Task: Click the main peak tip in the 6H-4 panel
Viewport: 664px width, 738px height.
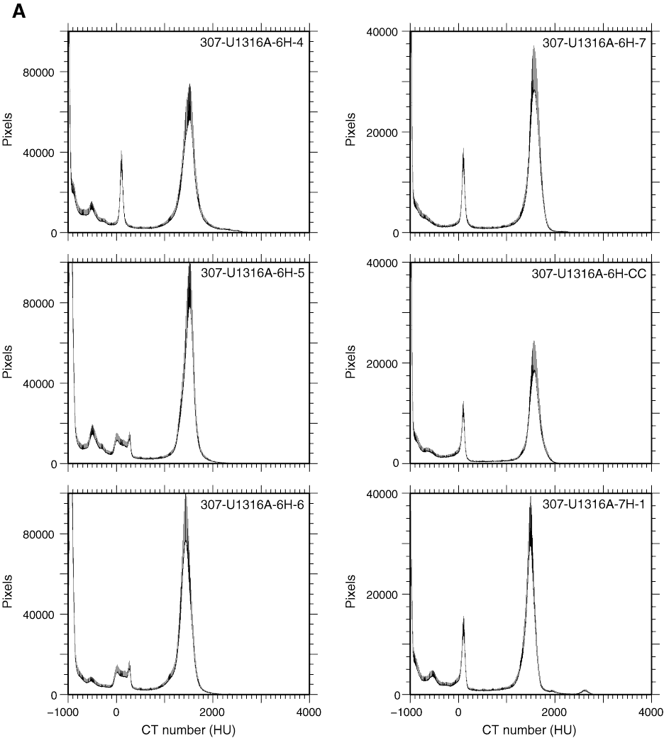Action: pos(189,84)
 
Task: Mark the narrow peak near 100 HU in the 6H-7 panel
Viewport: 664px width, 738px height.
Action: pos(463,148)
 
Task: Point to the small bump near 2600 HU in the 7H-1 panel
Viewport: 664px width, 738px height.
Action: pos(585,690)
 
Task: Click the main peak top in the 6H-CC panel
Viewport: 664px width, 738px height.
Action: pos(533,342)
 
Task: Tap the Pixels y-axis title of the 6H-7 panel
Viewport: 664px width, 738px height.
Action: pos(350,132)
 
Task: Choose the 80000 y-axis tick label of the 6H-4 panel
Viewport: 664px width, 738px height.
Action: pos(46,72)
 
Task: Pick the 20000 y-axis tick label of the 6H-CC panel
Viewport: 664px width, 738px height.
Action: pos(388,363)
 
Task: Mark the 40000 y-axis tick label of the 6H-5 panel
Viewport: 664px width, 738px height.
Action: pos(46,383)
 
